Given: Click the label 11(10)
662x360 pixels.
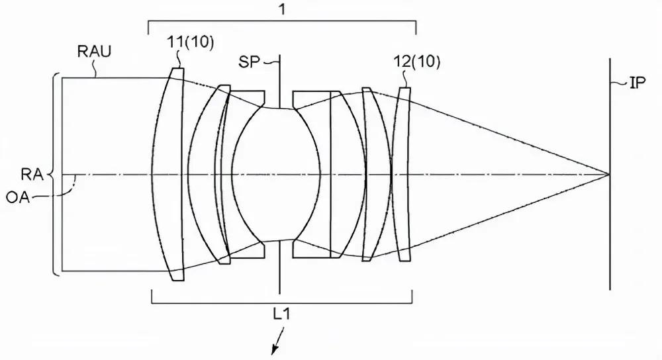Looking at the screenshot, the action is [x=191, y=42].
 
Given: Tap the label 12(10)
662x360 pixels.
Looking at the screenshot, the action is [x=416, y=62].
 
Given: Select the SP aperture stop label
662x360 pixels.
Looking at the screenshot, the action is [x=249, y=62].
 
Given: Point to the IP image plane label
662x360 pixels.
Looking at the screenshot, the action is [x=638, y=83].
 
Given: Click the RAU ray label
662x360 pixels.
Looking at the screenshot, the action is [x=94, y=52].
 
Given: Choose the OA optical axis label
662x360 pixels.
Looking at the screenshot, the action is [x=18, y=197].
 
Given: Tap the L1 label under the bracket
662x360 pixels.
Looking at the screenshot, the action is [x=281, y=314].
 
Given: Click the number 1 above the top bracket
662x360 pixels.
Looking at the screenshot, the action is [x=283, y=9].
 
